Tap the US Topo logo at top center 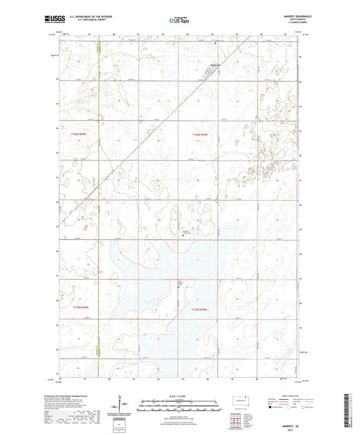point(180,21)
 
